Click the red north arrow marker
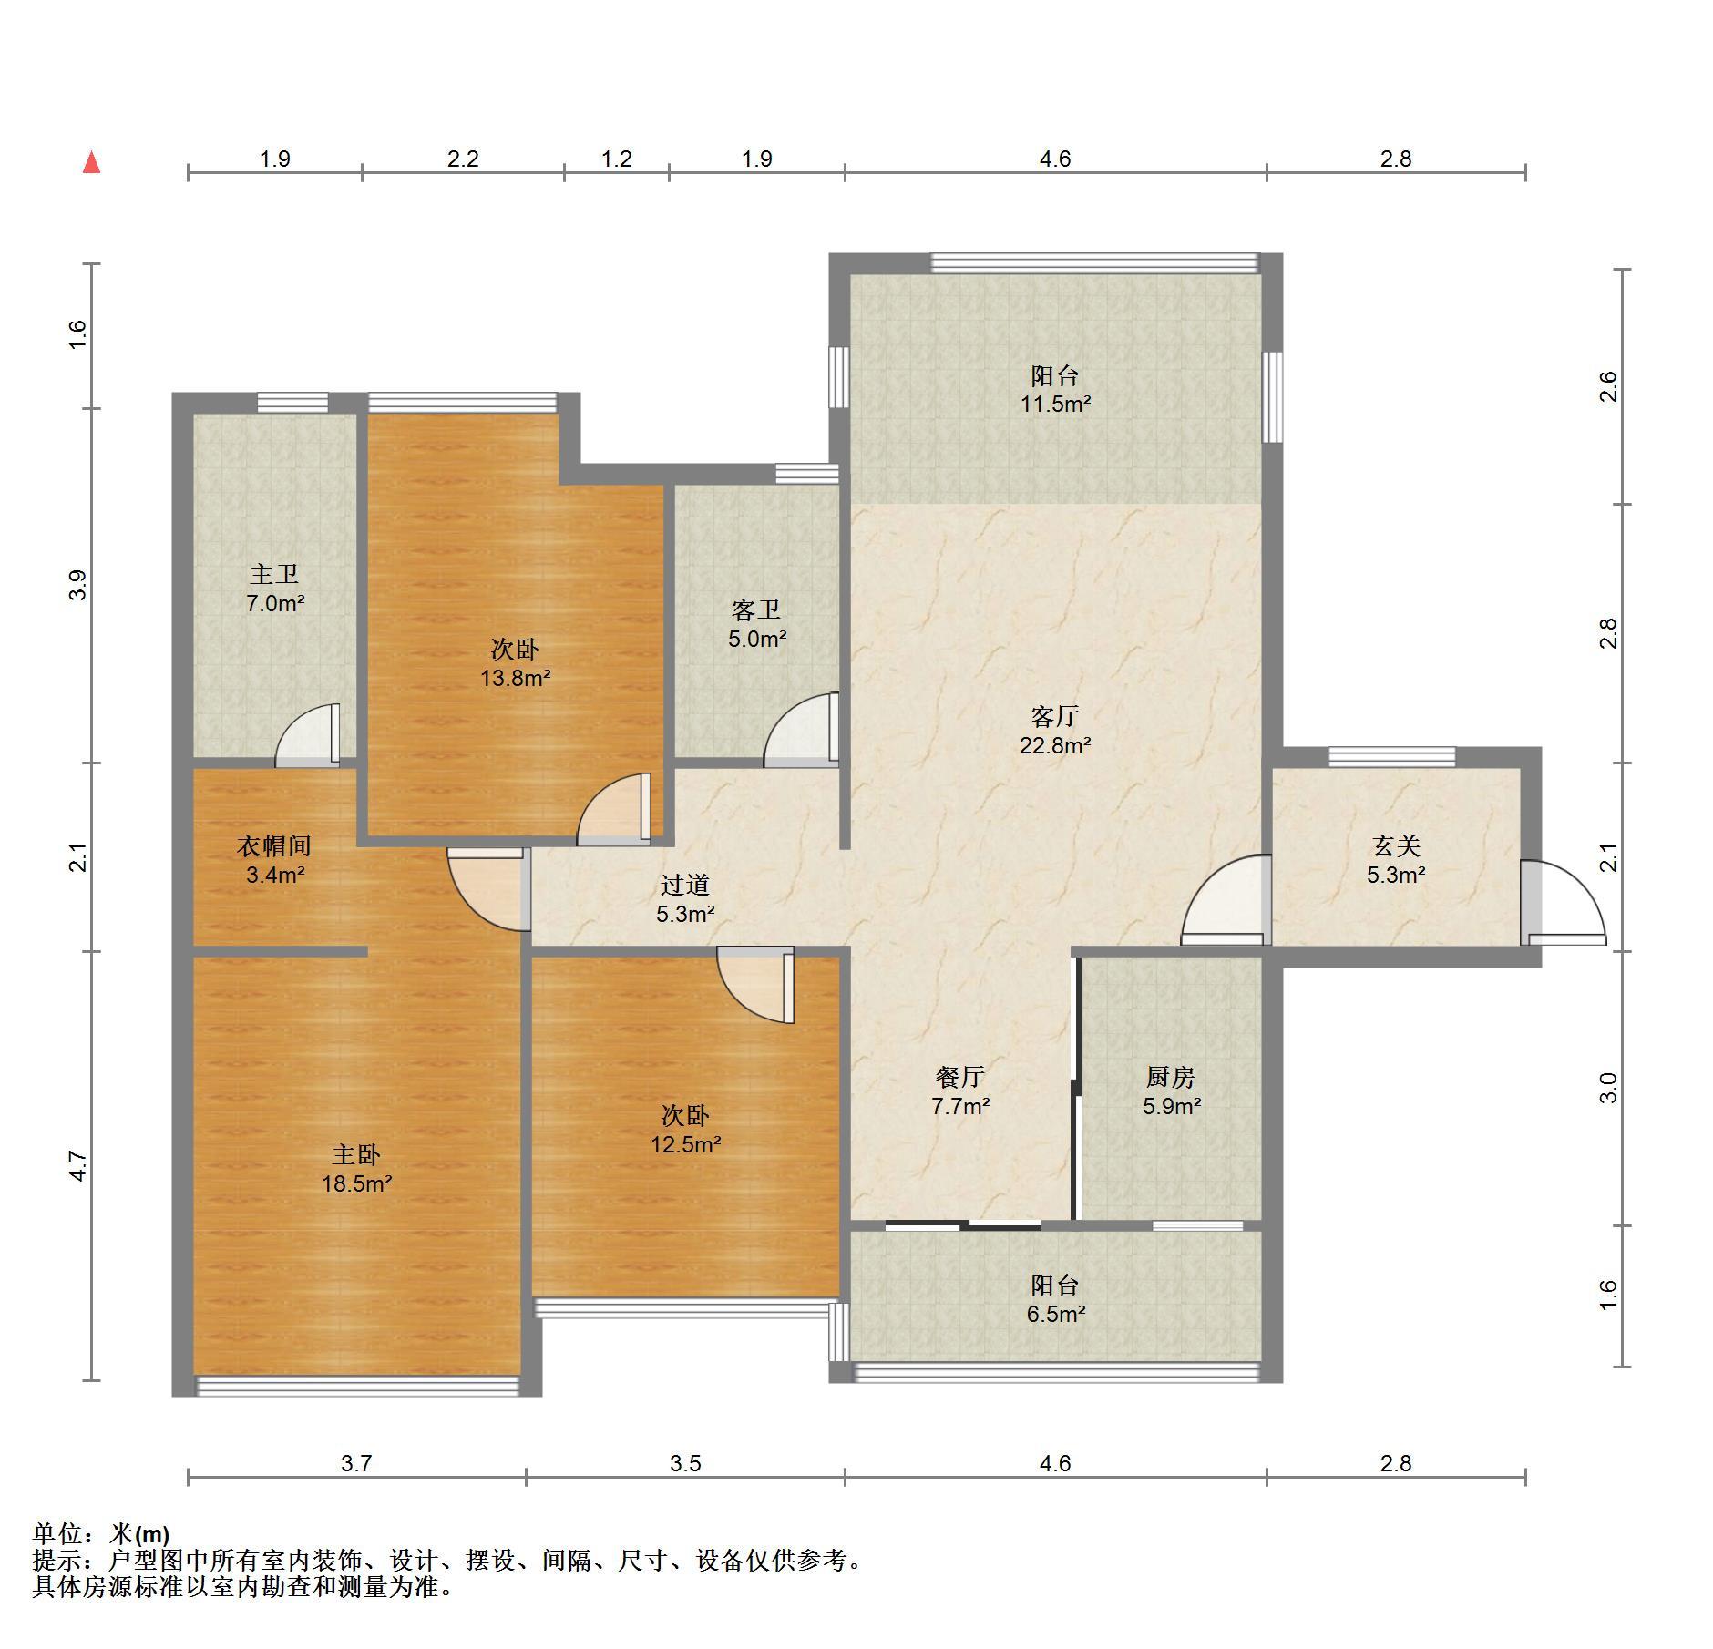point(91,163)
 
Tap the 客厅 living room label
point(1055,716)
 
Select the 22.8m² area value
point(1055,745)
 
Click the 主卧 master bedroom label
point(356,1155)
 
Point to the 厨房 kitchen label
point(1171,1077)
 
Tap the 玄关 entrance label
point(1396,845)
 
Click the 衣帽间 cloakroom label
point(274,845)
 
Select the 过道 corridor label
point(685,885)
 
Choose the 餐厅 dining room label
point(960,1077)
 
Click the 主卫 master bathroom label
point(274,574)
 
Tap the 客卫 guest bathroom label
point(756,609)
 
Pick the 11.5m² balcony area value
point(1055,404)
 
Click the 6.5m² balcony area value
point(1055,1314)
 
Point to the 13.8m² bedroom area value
point(516,678)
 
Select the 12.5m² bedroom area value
point(685,1144)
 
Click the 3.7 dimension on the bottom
point(356,1463)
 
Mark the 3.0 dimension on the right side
point(1608,1088)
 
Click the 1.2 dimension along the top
point(617,159)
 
